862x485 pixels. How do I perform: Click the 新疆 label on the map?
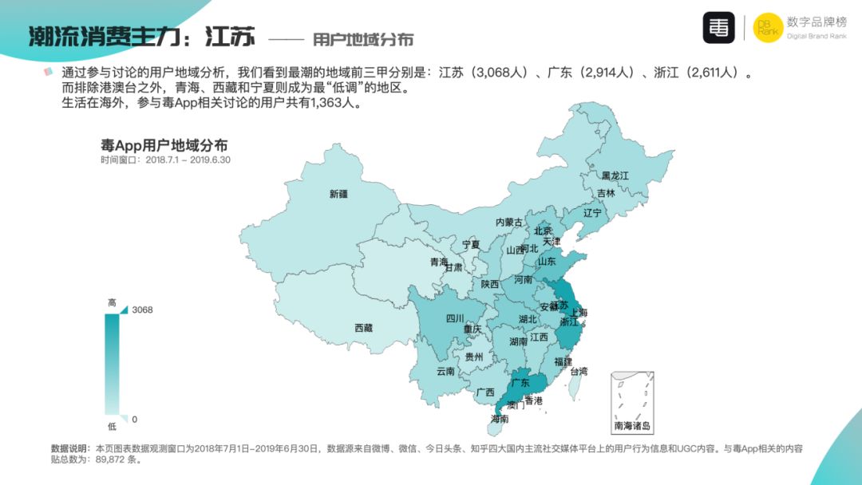338,194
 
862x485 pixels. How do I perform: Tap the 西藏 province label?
363,328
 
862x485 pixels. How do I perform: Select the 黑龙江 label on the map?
615,175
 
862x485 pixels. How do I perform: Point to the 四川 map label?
455,318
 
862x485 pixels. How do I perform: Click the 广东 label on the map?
520,382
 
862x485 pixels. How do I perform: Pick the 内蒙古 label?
509,223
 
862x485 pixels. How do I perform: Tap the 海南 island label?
500,419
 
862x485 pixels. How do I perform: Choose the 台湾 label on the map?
579,371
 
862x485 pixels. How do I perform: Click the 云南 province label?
445,372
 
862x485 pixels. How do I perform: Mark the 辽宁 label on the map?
592,213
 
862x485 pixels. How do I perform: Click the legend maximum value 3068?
142,310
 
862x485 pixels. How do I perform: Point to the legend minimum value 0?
134,419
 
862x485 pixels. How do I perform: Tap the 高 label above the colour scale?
112,302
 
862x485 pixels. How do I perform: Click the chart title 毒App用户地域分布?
164,145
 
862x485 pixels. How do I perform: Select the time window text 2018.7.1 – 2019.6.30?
188,160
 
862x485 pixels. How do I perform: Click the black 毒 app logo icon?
718,28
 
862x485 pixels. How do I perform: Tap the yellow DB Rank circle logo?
768,28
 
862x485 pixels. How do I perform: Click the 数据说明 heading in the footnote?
71,448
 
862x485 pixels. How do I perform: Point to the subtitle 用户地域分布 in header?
363,39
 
